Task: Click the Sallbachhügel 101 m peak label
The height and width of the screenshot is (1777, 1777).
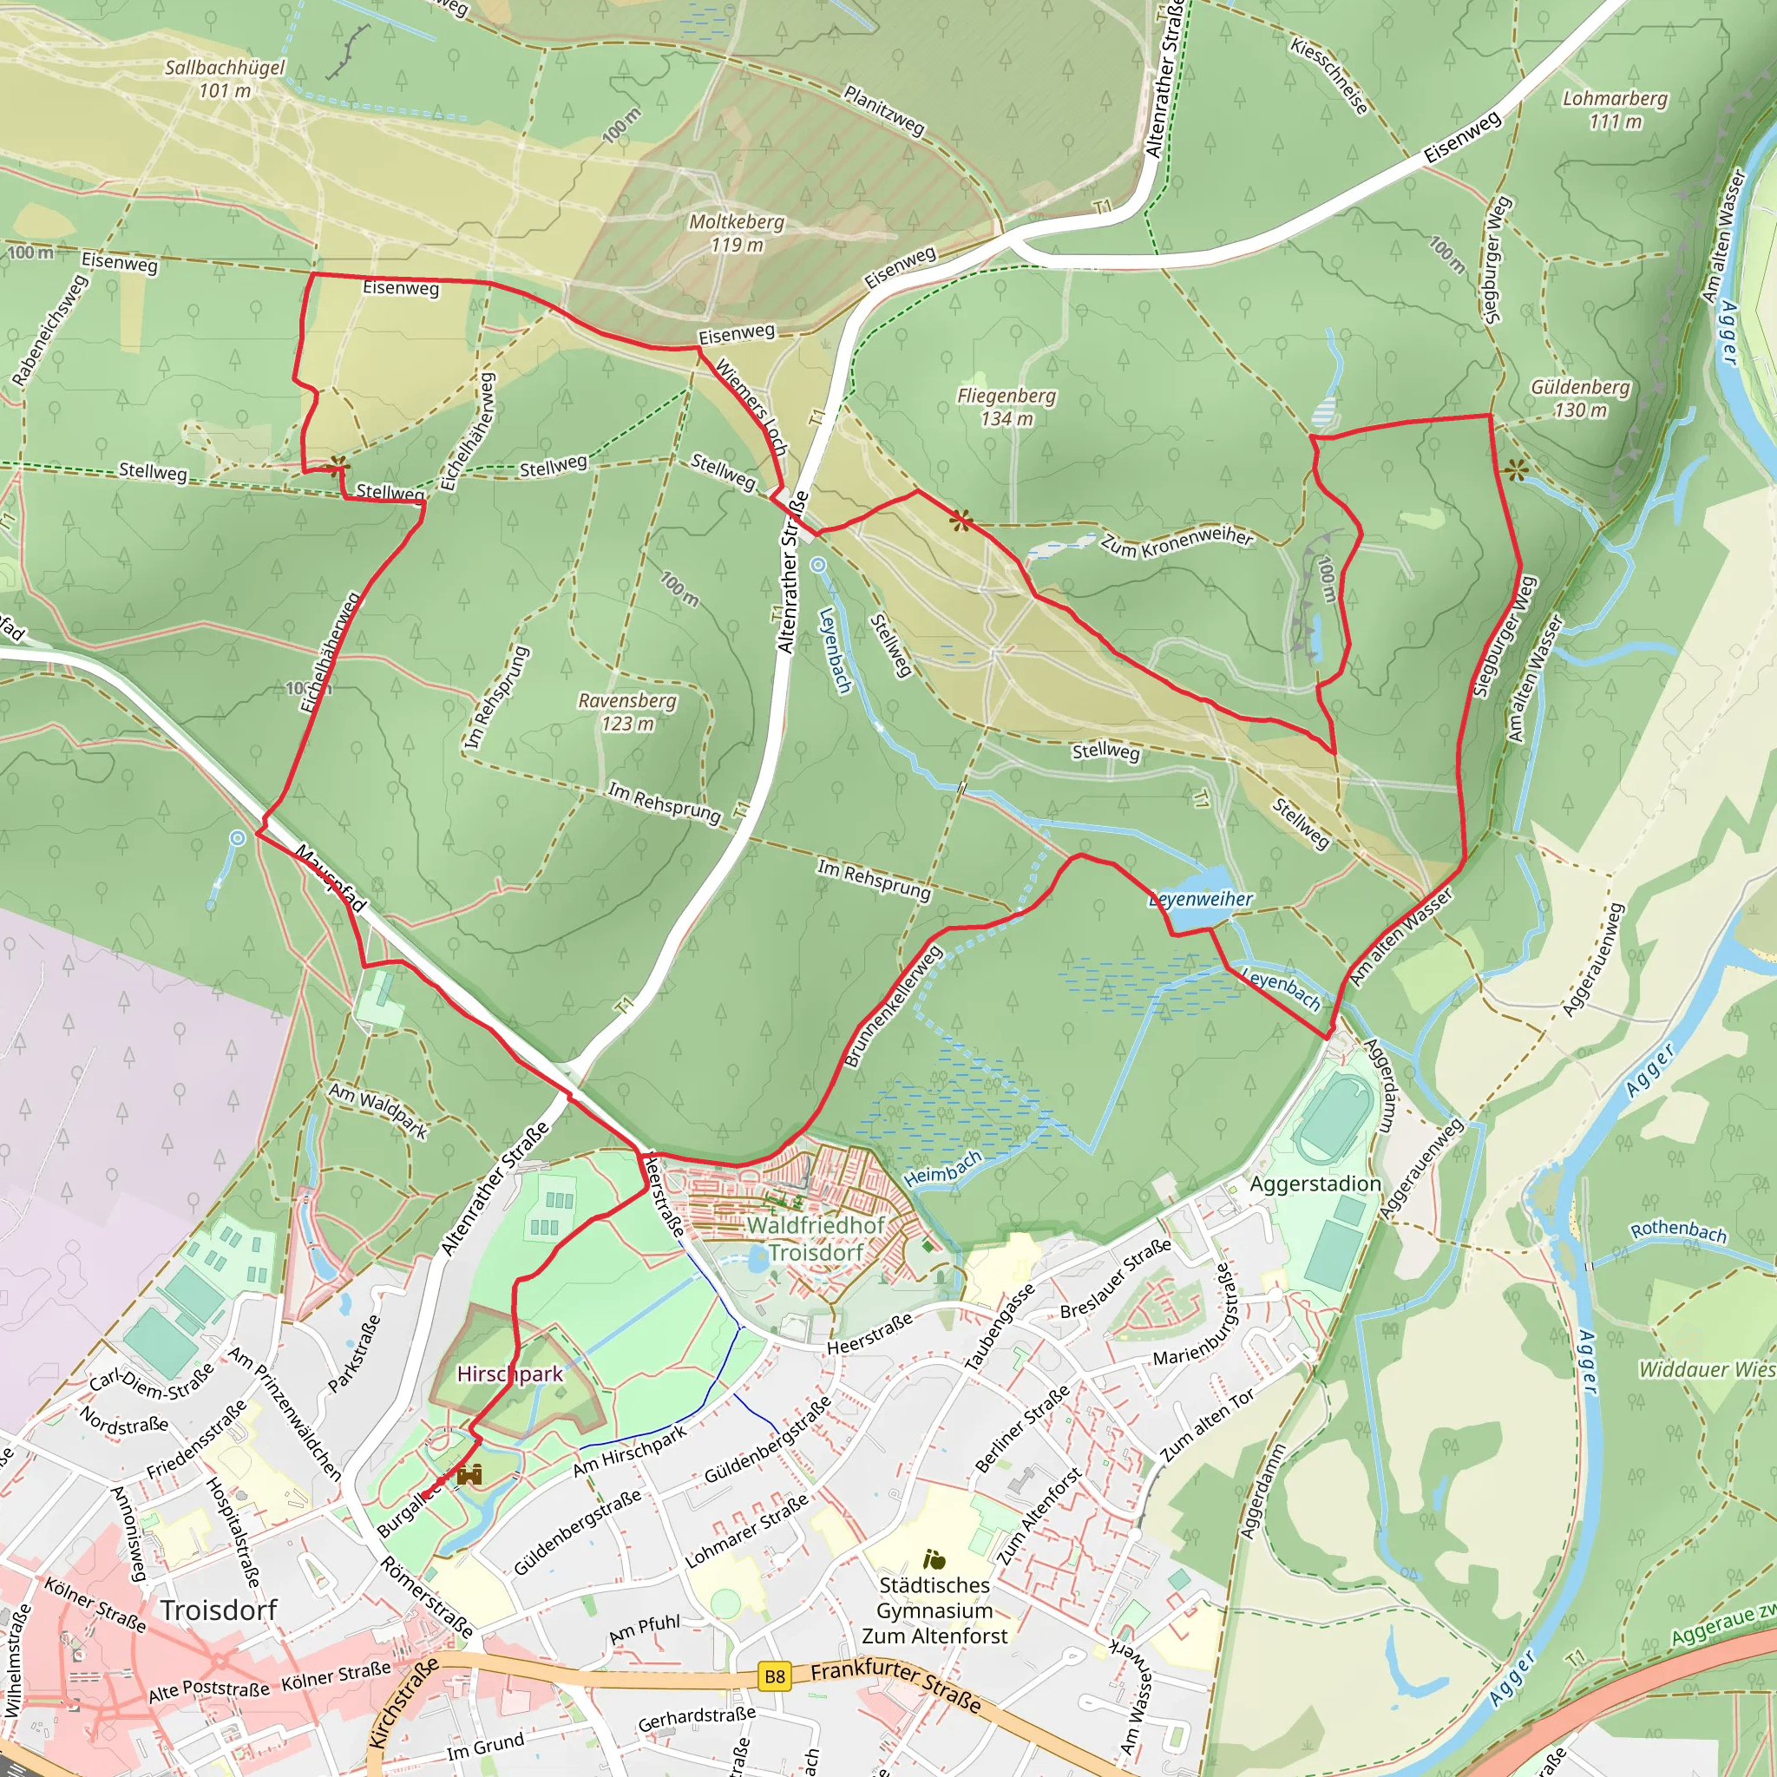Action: [x=225, y=78]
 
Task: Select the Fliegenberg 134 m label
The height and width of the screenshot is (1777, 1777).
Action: [x=1007, y=407]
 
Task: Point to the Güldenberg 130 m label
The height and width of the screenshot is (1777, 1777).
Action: [x=1579, y=398]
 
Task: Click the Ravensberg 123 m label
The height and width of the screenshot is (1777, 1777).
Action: [x=627, y=711]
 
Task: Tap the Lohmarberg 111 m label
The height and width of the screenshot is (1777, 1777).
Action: [x=1614, y=109]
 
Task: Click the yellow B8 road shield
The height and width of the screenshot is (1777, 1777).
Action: [x=775, y=1676]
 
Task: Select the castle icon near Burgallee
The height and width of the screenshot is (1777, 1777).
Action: [x=470, y=1475]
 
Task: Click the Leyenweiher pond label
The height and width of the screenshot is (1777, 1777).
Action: [x=1200, y=899]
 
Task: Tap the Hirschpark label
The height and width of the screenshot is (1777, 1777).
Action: [x=509, y=1374]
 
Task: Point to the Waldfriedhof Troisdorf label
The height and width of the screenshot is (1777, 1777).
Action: [x=815, y=1239]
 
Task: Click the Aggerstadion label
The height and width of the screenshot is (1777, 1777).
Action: [x=1315, y=1184]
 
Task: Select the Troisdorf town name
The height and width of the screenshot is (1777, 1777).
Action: [x=218, y=1610]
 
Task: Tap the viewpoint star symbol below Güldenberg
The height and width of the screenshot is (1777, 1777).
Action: [x=1517, y=471]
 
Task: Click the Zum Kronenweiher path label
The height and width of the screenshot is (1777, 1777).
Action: [x=1177, y=542]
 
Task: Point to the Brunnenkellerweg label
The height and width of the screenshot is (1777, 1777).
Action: [x=893, y=1007]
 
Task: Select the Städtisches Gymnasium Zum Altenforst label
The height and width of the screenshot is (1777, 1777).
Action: [x=934, y=1610]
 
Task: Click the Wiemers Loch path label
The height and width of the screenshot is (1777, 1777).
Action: [x=751, y=409]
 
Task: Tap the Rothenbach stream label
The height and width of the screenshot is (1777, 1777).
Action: [x=1678, y=1230]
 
